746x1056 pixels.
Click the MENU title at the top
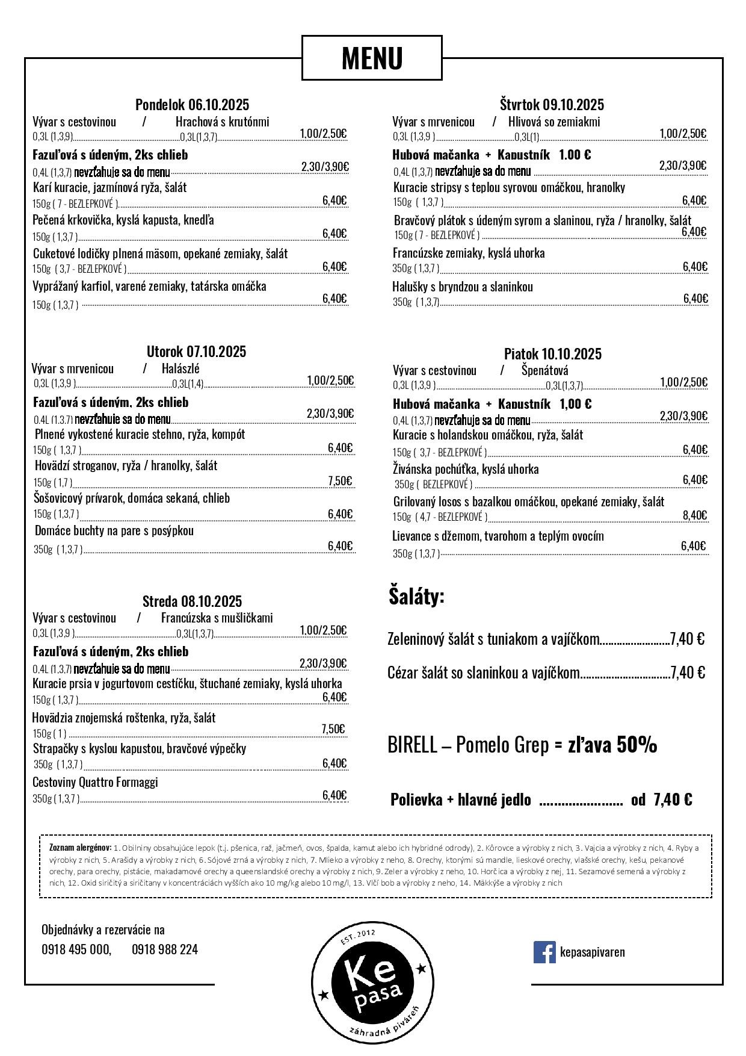click(372, 58)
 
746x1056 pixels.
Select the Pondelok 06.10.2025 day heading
click(192, 105)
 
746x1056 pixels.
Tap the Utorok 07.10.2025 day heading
click(196, 352)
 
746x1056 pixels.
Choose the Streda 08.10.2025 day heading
click(192, 601)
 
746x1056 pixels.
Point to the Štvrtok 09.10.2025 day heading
click(552, 105)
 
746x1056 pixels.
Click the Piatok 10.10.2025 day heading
click(552, 354)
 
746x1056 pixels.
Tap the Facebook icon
click(544, 952)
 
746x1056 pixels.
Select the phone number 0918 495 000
click(76, 949)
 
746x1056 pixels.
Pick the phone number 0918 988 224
click(165, 949)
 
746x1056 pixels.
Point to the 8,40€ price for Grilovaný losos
click(695, 515)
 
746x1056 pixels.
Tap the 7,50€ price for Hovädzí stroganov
click(339, 480)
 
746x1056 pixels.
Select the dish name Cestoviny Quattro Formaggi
click(95, 782)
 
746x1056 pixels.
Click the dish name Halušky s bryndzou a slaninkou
click(462, 287)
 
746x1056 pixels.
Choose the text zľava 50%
click(612, 745)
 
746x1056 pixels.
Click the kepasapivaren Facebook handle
click(592, 952)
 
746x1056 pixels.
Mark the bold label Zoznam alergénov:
click(80, 848)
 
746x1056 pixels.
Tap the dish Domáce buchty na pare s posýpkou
click(114, 531)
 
